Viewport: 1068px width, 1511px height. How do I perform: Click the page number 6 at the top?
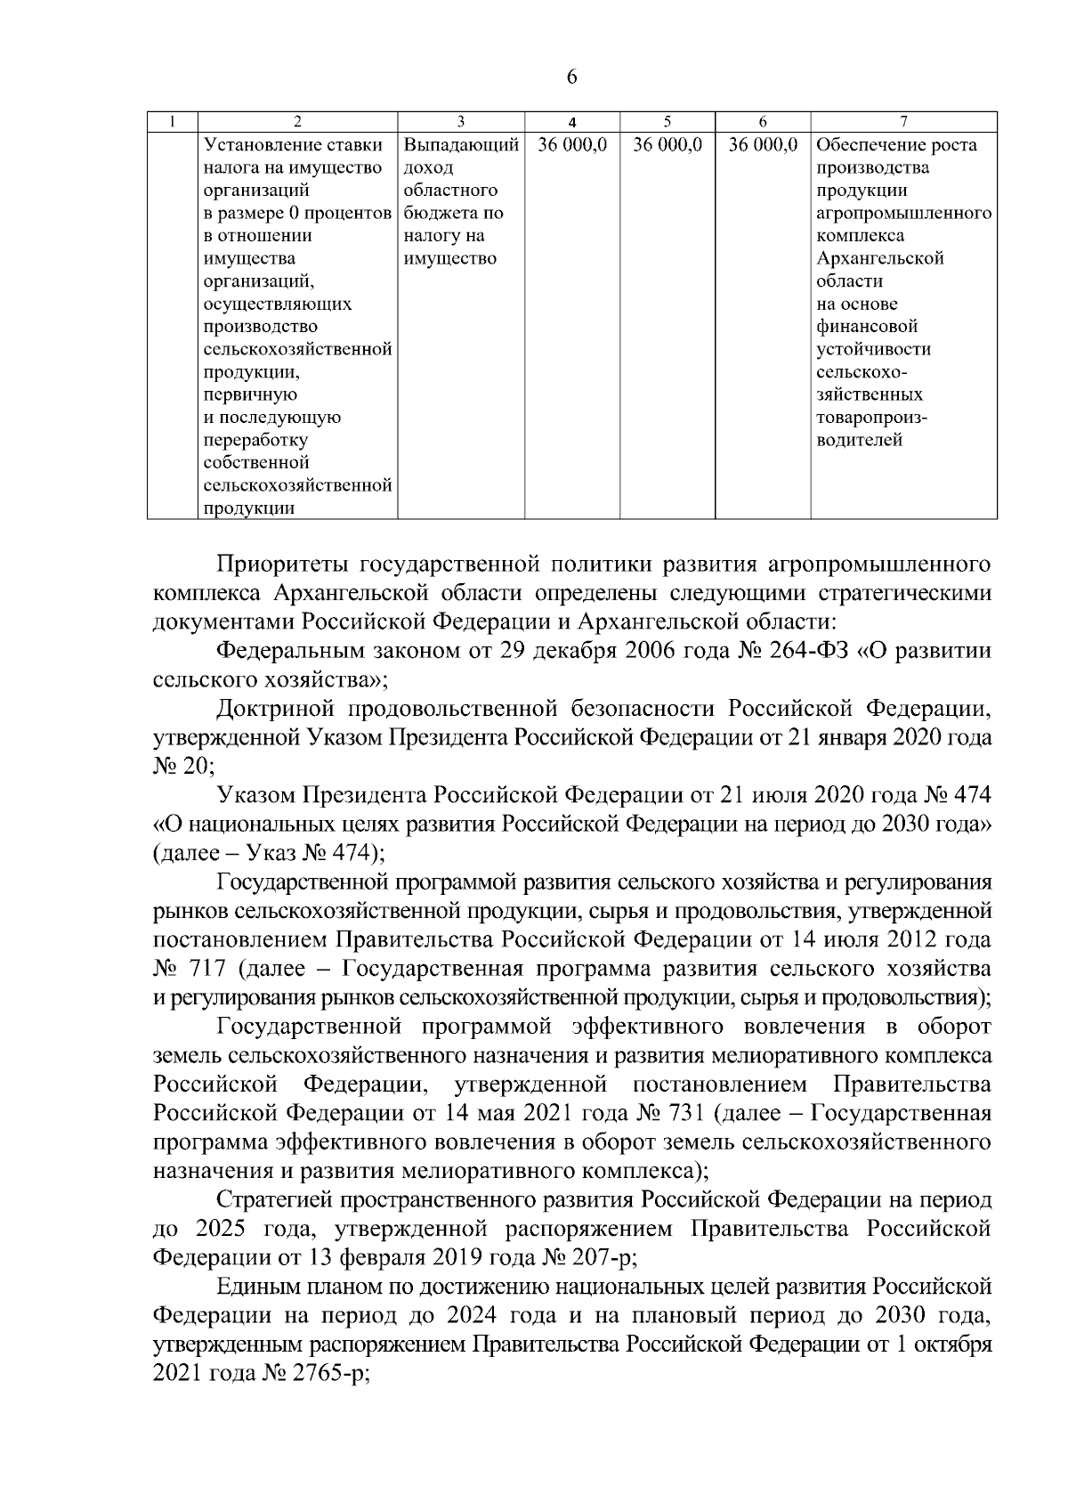pos(571,77)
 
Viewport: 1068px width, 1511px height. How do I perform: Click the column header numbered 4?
pos(572,122)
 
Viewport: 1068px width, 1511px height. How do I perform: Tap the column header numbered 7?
pos(903,122)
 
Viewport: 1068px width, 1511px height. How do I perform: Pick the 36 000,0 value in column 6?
pos(763,144)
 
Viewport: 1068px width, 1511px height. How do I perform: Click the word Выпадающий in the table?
pos(461,144)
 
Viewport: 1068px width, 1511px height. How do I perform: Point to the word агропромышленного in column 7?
pos(903,213)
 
